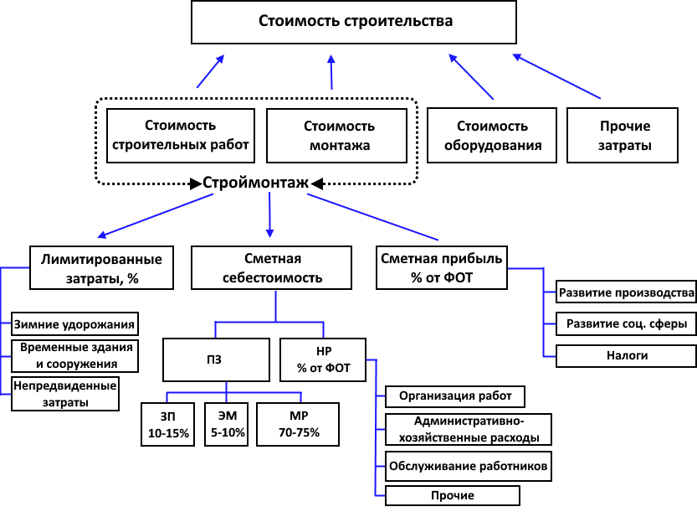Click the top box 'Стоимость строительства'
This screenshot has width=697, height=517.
(x=354, y=22)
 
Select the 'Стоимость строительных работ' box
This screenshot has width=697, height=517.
(x=181, y=136)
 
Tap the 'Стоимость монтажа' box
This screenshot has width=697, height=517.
(x=337, y=136)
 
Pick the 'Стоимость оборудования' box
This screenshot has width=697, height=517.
(x=492, y=135)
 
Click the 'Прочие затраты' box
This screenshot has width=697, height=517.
(x=623, y=135)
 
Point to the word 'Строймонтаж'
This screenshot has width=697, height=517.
(x=255, y=183)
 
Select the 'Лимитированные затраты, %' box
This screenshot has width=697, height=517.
(x=101, y=268)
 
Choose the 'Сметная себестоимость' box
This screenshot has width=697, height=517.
(x=272, y=268)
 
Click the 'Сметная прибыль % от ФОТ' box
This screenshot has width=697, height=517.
(x=442, y=268)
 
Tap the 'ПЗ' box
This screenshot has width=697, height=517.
(x=217, y=359)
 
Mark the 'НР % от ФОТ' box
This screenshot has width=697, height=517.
(x=323, y=359)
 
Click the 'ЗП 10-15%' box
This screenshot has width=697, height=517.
(x=168, y=424)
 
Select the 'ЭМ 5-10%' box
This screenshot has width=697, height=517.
(x=226, y=424)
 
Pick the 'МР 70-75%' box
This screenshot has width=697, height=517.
(x=298, y=424)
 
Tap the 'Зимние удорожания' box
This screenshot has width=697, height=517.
(x=74, y=324)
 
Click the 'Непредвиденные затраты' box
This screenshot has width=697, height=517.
(x=65, y=394)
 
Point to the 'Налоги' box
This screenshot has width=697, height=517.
(x=627, y=356)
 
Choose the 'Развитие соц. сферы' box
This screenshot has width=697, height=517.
(x=627, y=323)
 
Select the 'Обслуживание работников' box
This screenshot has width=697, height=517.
(x=469, y=466)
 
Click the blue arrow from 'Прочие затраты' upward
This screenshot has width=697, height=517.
(x=556, y=76)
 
